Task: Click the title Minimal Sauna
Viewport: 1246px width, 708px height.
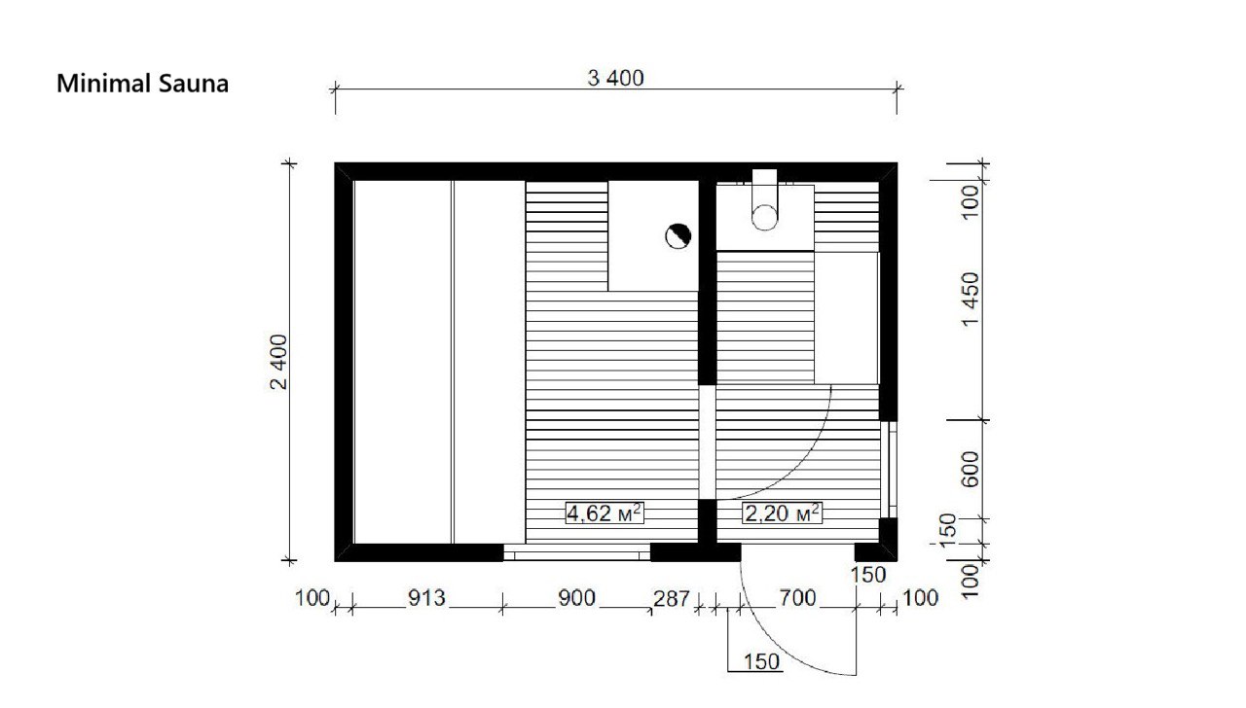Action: [x=142, y=84]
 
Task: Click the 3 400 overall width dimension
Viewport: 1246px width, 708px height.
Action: [x=616, y=79]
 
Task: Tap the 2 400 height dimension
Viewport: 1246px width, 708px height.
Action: [x=278, y=362]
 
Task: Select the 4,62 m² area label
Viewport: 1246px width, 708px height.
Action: [x=605, y=513]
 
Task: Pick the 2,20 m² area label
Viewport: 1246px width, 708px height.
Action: [x=782, y=513]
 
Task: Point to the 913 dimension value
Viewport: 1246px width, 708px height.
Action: [x=426, y=598]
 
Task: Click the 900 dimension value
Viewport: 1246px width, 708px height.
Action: [x=577, y=598]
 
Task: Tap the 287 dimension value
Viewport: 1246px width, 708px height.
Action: [x=672, y=599]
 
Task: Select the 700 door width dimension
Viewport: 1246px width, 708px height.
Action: [x=797, y=598]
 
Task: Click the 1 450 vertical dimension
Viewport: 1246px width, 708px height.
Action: [x=971, y=300]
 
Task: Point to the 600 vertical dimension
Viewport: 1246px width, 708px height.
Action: [x=971, y=470]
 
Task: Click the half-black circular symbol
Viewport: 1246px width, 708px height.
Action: [x=678, y=236]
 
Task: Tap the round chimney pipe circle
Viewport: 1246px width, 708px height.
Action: [x=765, y=217]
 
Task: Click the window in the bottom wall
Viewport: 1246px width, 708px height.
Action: [x=577, y=552]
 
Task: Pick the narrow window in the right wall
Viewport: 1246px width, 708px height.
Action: [x=889, y=470]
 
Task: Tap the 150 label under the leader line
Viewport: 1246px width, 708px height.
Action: [x=761, y=662]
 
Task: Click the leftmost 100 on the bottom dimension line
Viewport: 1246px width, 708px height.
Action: [x=312, y=598]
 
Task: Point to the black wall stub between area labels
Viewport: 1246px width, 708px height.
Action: [x=707, y=521]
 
